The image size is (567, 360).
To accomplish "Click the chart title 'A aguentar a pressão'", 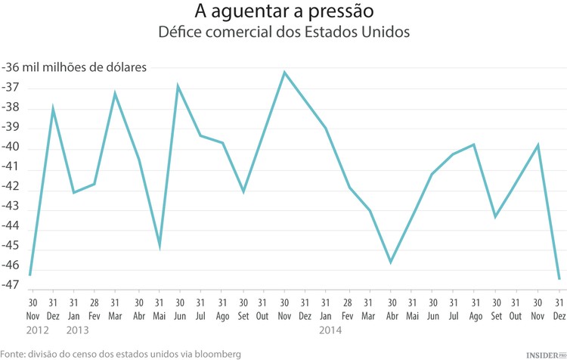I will (x=283, y=12).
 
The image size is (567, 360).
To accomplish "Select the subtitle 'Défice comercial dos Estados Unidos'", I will (x=283, y=33).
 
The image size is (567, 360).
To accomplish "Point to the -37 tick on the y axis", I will (x=11, y=88).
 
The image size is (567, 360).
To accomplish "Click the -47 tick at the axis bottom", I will (x=11, y=285).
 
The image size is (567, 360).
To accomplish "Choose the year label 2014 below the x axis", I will (x=331, y=330).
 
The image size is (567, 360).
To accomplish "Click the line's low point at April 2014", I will (x=390, y=262).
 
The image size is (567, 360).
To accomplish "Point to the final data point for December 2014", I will (x=559, y=279).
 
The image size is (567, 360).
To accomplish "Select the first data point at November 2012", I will (x=30, y=275).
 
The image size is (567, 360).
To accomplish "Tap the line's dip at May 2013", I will (x=160, y=246).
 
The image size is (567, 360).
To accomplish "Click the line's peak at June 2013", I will (x=178, y=86).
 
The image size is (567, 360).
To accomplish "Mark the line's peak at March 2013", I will (x=115, y=93).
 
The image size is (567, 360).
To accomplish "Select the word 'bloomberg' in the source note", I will (x=216, y=353).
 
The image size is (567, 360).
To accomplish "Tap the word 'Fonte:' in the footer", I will (x=14, y=353).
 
